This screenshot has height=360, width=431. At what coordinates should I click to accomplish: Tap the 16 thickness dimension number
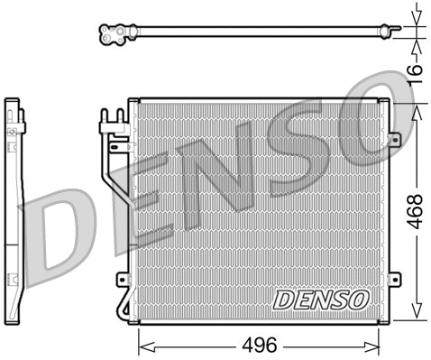[413, 71]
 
